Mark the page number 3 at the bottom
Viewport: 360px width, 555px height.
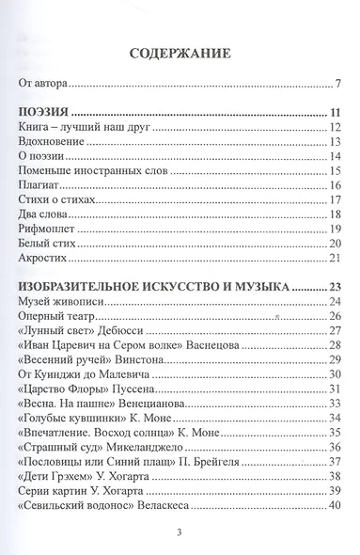click(x=180, y=536)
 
